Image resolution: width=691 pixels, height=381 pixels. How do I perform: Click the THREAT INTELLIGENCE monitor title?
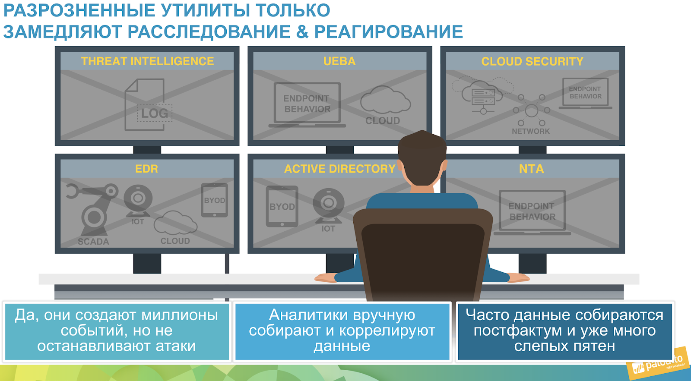click(x=147, y=61)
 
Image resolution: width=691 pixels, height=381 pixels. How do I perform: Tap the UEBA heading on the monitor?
click(x=339, y=61)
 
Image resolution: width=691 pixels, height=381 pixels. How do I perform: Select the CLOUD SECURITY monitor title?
click(x=532, y=61)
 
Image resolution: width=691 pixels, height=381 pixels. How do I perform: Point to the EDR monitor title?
click(x=146, y=169)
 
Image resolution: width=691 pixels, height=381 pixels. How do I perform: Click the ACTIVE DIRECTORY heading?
click(x=339, y=169)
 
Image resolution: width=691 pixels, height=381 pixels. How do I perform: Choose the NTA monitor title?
click(x=531, y=169)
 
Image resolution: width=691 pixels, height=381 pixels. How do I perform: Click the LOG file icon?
click(x=148, y=105)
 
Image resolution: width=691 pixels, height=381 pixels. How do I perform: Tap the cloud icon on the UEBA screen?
click(x=385, y=99)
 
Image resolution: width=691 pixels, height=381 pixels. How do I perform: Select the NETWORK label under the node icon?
click(x=531, y=131)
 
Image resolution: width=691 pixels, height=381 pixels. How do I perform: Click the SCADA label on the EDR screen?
click(x=93, y=241)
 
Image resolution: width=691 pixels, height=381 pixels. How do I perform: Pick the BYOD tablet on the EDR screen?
click(x=214, y=200)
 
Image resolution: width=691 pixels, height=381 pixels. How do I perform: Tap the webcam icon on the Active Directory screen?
click(x=329, y=206)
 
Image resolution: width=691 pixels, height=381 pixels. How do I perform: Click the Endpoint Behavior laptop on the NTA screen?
click(x=532, y=213)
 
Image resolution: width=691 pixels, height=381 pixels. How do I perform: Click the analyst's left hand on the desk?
click(x=326, y=277)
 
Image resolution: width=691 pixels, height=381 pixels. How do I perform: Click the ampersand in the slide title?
click(x=302, y=32)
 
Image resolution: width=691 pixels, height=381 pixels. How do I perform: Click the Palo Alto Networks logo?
click(x=658, y=364)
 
